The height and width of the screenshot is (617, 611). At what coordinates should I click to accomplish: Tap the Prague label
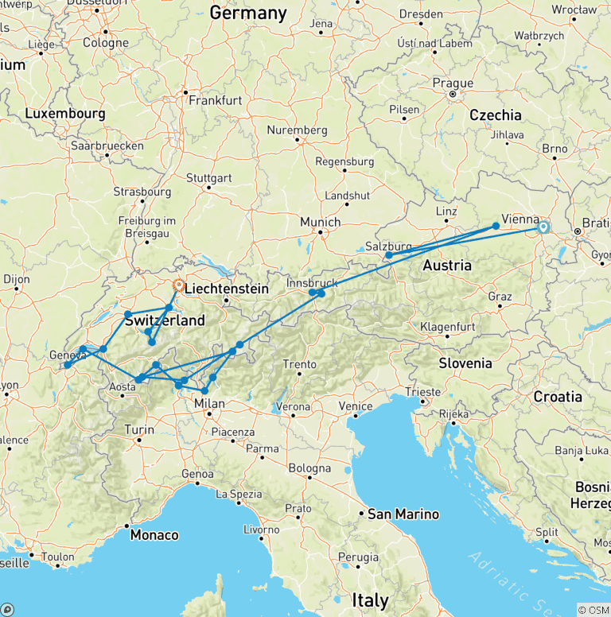pyautogui.click(x=453, y=83)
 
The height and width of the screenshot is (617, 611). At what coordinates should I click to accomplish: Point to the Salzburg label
pyautogui.click(x=389, y=246)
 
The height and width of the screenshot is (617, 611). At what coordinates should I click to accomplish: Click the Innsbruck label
pyautogui.click(x=313, y=283)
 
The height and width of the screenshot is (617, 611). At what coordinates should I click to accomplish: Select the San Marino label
pyautogui.click(x=403, y=514)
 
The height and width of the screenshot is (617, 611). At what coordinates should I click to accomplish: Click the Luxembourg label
pyautogui.click(x=64, y=114)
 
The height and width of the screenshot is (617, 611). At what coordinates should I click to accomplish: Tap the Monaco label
pyautogui.click(x=154, y=534)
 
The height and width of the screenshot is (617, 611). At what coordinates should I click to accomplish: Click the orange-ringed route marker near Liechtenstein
pyautogui.click(x=179, y=284)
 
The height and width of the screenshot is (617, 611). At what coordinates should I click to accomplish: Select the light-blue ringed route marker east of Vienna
pyautogui.click(x=543, y=227)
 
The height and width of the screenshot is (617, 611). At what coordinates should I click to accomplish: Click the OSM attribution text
pyautogui.click(x=593, y=610)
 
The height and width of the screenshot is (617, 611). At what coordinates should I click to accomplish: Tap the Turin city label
pyautogui.click(x=138, y=430)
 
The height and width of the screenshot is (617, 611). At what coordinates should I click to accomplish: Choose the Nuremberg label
pyautogui.click(x=298, y=130)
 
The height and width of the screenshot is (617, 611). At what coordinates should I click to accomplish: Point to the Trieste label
pyautogui.click(x=422, y=392)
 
